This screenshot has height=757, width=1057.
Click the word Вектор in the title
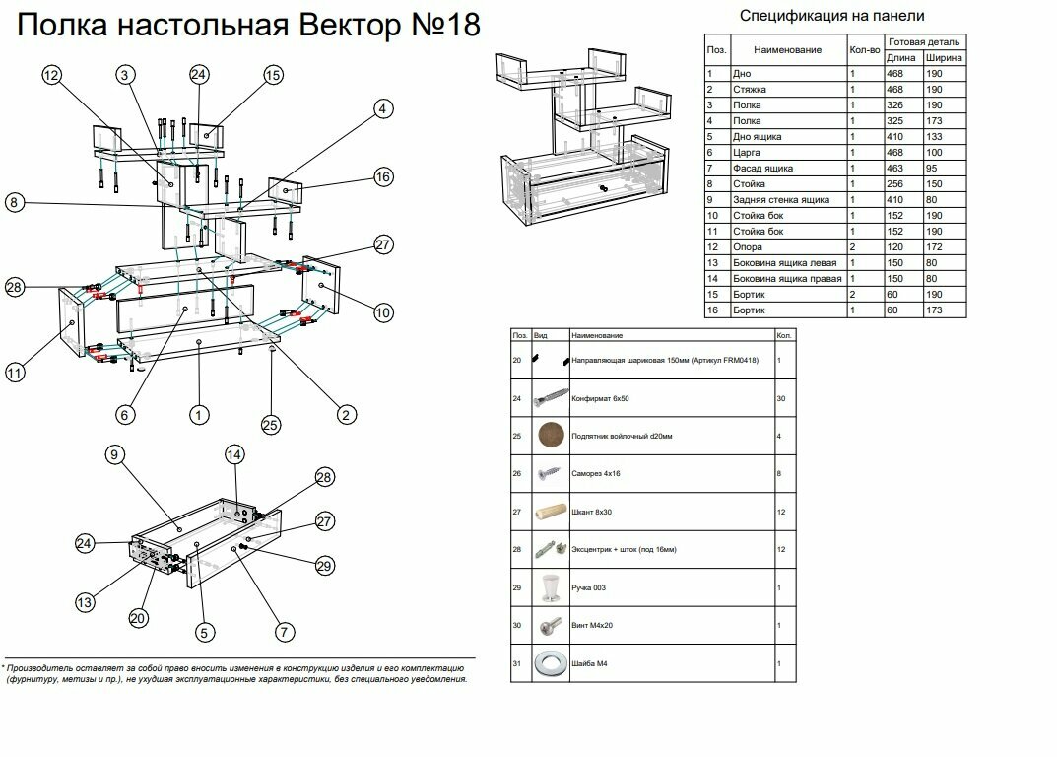(x=341, y=26)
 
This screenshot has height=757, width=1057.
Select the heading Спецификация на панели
(x=831, y=15)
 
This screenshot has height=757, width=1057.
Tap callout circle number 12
(x=52, y=76)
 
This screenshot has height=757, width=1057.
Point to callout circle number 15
(x=273, y=76)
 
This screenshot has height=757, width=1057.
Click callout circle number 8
(x=13, y=203)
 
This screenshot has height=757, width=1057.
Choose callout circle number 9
(x=115, y=454)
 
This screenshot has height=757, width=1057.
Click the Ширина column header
(x=944, y=58)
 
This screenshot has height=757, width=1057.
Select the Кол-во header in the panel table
(x=864, y=50)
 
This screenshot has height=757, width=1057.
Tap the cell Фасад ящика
(x=760, y=169)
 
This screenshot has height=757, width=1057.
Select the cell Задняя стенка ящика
(x=777, y=200)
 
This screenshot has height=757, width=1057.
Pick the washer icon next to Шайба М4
(x=549, y=662)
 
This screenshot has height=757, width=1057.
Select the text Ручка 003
(x=588, y=587)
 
